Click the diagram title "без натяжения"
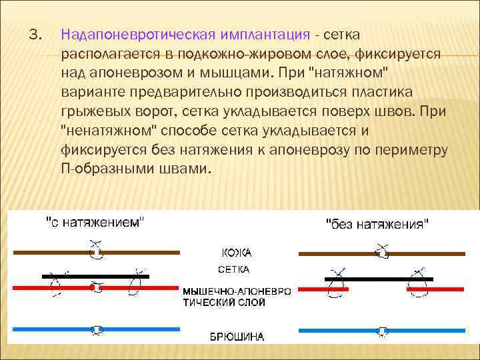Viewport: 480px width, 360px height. pyautogui.click(x=377, y=224)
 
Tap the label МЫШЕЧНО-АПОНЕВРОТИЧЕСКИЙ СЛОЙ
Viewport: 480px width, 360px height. pyautogui.click(x=237, y=297)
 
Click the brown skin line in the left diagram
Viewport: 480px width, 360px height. pyautogui.click(x=53, y=253)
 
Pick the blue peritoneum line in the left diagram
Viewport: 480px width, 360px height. pyautogui.click(x=53, y=329)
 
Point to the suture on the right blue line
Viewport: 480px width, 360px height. pyautogui.click(x=382, y=330)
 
